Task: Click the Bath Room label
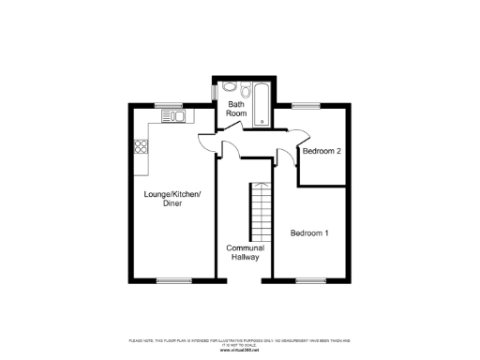click(236, 108)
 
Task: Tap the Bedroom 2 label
click(320, 151)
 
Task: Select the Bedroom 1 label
click(309, 232)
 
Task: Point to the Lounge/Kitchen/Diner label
click(172, 199)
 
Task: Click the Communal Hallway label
click(246, 252)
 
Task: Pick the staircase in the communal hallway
click(259, 210)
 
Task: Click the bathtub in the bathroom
click(261, 98)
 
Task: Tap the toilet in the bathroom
click(245, 92)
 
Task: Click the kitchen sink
click(174, 116)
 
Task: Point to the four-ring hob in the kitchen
click(142, 145)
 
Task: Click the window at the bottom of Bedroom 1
click(309, 279)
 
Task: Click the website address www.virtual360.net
click(240, 349)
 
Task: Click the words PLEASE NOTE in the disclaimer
click(138, 341)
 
